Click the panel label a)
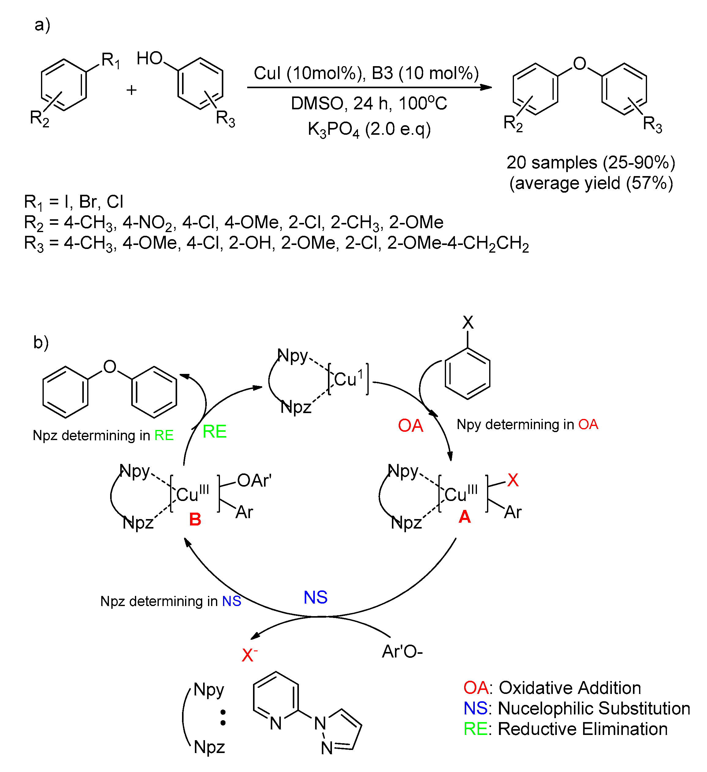click(42, 25)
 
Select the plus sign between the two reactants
click(132, 90)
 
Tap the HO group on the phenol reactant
click(150, 58)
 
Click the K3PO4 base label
click(333, 130)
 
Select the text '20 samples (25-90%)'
click(591, 162)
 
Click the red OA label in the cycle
click(410, 425)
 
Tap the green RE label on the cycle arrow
click(214, 431)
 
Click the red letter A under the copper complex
click(464, 517)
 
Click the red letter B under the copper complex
click(195, 519)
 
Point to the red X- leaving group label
click(249, 655)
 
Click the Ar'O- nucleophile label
click(402, 651)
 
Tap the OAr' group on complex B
click(254, 480)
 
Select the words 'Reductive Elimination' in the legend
click(582, 729)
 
